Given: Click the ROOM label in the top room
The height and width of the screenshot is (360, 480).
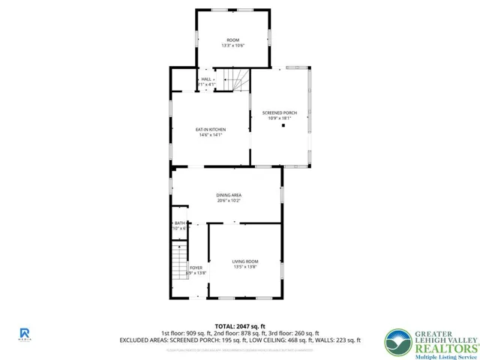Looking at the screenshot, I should point(233,40).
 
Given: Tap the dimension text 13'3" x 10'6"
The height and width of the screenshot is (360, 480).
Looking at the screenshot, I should point(233,46).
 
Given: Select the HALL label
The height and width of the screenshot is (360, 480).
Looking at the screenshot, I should point(205,79).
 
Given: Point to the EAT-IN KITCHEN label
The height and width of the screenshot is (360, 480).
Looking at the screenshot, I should point(211,130).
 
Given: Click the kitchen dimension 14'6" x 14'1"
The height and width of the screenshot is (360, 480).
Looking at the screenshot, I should point(211,136).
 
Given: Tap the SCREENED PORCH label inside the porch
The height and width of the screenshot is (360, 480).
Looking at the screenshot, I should point(279,112).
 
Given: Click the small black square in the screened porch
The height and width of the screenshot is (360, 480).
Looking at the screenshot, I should point(283,126).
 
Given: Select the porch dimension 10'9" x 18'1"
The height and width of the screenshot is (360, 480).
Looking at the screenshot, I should point(279,118).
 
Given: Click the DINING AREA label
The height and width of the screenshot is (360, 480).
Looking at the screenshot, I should point(229,195).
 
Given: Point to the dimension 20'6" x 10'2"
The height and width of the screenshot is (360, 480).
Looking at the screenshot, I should point(229,201).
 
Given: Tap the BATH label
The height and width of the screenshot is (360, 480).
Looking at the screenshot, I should point(179,223).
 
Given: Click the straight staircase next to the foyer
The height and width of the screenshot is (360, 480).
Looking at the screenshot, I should point(178,262).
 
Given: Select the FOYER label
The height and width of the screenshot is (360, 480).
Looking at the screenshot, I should point(196,268).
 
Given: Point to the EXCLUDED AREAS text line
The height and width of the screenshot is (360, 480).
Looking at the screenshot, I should point(239,340).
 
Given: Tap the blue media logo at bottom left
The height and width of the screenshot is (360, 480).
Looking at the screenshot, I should point(24,334).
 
